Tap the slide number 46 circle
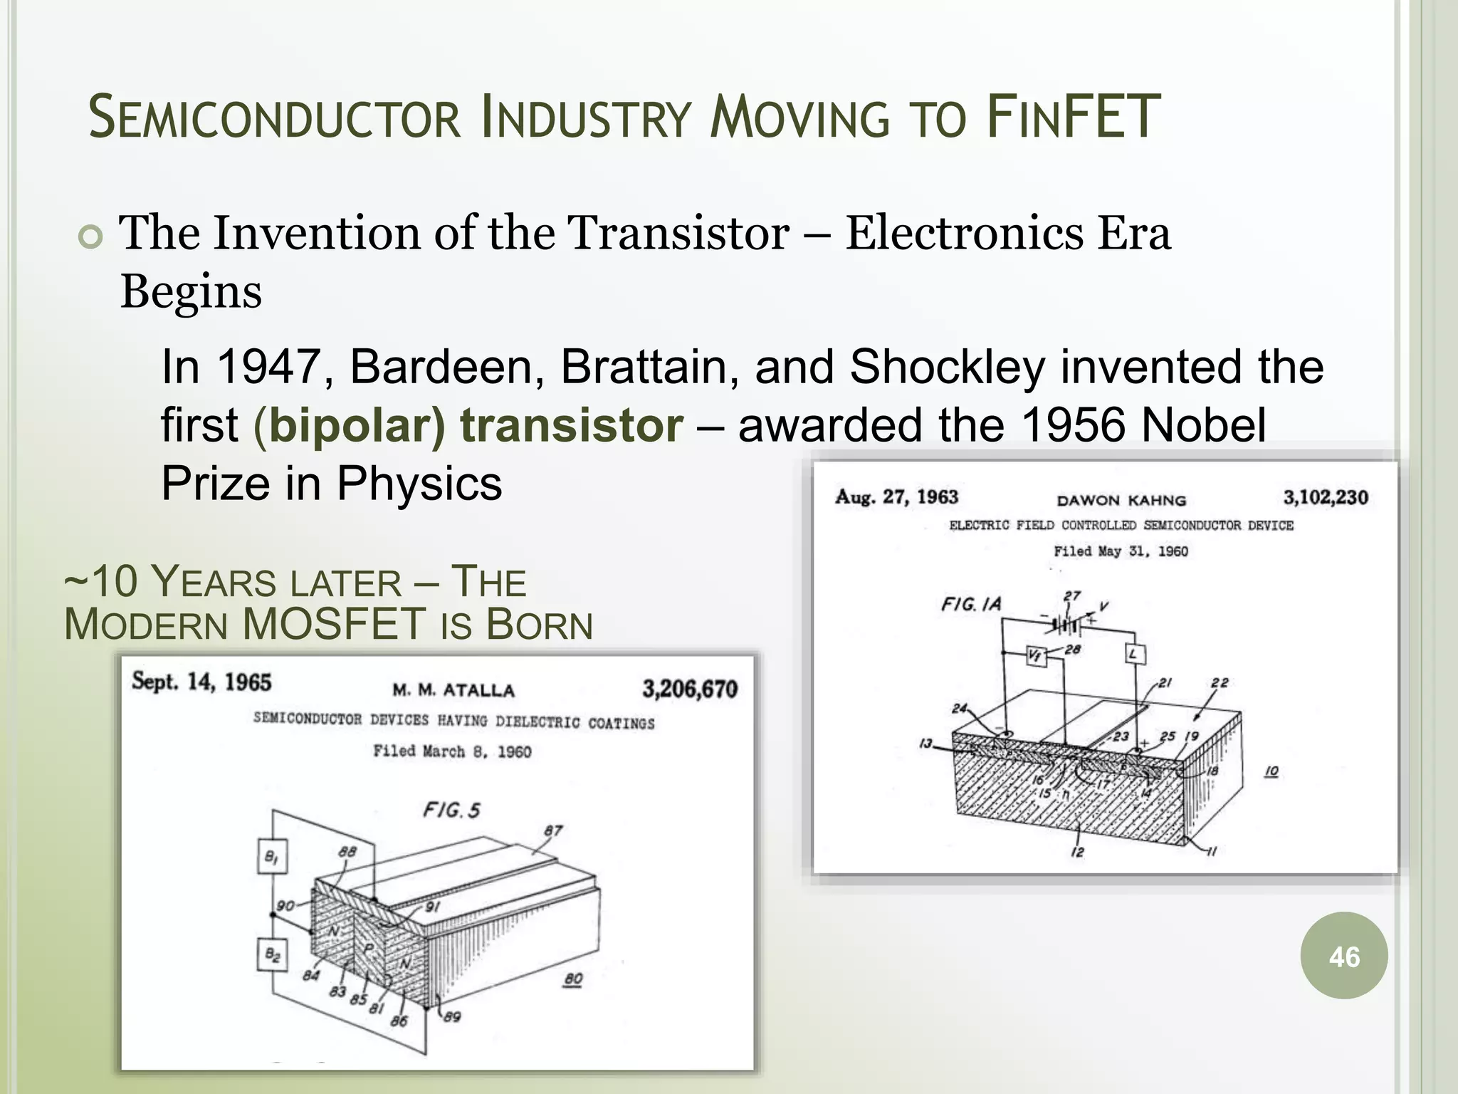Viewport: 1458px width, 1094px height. pos(1343,957)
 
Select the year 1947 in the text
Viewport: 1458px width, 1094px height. pos(267,367)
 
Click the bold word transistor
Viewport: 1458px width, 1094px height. pos(572,425)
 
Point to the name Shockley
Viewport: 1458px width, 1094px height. pos(948,367)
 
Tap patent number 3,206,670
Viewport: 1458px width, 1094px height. pos(690,689)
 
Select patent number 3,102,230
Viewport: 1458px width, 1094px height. pos(1326,497)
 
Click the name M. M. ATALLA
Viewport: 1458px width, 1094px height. pos(453,690)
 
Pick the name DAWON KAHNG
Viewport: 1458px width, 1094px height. pos(1121,500)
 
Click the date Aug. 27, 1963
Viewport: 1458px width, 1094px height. pos(897,496)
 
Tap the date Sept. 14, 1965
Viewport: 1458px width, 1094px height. pos(201,682)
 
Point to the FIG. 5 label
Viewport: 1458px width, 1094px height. pos(451,810)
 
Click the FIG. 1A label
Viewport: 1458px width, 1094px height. pos(971,604)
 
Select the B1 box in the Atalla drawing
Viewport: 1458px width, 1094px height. pos(271,858)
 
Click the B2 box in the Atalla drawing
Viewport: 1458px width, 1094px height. pos(272,954)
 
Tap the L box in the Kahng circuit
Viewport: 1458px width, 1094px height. pos(1135,654)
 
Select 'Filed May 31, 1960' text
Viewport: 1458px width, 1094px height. pos(1121,551)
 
